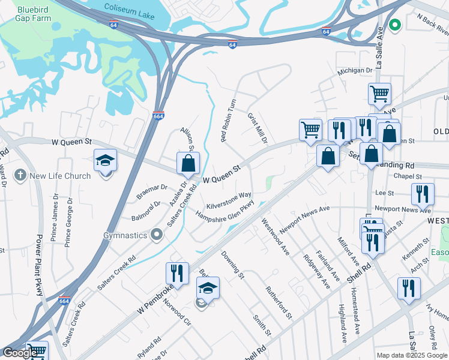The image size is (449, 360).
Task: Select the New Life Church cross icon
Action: tap(20, 176)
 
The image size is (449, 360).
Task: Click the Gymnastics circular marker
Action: tap(157, 235)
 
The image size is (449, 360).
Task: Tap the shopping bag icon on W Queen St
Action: tap(188, 163)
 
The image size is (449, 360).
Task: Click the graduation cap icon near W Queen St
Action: tap(105, 161)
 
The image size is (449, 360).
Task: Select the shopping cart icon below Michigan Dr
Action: tap(379, 93)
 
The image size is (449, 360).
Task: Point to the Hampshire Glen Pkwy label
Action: tap(225, 210)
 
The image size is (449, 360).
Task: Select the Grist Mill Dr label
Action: tap(257, 127)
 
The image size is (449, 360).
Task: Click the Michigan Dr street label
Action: tap(355, 71)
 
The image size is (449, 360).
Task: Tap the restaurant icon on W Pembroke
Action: tap(176, 273)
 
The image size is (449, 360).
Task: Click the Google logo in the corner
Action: tap(20, 353)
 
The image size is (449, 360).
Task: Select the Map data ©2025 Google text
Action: tap(411, 355)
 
